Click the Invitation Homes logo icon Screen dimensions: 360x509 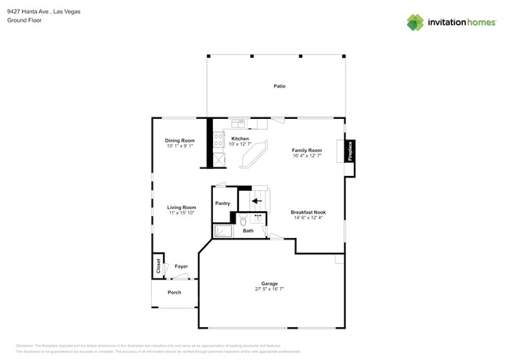point(415,22)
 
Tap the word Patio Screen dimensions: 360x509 point(279,86)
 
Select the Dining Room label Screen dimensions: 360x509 point(179,140)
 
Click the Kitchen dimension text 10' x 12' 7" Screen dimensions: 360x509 point(240,145)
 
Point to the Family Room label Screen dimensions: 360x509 point(307,150)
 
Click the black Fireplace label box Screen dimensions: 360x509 point(350,151)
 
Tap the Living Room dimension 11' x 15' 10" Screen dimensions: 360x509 point(181,213)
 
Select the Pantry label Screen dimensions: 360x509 point(222,203)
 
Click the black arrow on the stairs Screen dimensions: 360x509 point(256,200)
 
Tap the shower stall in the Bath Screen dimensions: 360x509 point(223,232)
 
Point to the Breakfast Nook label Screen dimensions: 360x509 point(308,212)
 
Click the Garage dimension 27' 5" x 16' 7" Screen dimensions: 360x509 point(269,290)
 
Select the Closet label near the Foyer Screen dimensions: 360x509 point(158,265)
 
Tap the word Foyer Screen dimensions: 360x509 point(181,267)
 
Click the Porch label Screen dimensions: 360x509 point(175,293)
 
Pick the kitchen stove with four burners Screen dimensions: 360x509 point(219,140)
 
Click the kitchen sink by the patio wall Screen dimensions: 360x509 point(238,123)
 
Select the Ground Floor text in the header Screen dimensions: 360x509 point(23,20)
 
